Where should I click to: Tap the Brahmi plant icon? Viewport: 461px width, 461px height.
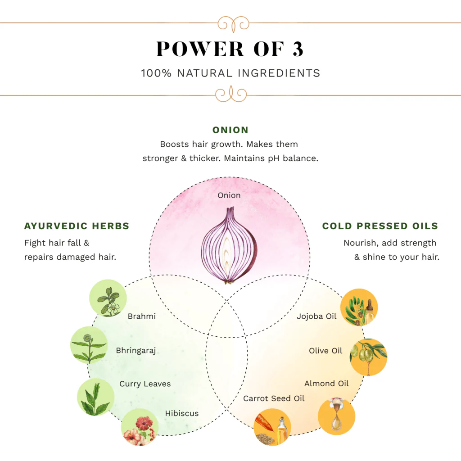[108, 298]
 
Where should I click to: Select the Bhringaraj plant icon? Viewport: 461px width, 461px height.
[89, 345]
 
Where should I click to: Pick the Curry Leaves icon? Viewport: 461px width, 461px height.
[95, 397]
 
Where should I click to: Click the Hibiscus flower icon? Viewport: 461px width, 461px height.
[140, 427]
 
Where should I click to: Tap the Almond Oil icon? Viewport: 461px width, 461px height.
[336, 416]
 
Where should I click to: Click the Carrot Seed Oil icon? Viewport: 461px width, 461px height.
[272, 427]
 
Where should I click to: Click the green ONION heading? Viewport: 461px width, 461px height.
[230, 130]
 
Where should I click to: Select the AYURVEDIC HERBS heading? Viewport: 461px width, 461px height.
[77, 226]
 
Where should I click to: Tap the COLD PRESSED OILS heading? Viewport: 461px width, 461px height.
[380, 226]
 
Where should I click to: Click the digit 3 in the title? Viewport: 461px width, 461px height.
[297, 49]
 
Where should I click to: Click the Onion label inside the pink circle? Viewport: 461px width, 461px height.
[229, 195]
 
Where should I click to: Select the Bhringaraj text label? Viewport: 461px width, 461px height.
[136, 351]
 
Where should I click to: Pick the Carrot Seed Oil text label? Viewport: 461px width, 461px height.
[274, 398]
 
